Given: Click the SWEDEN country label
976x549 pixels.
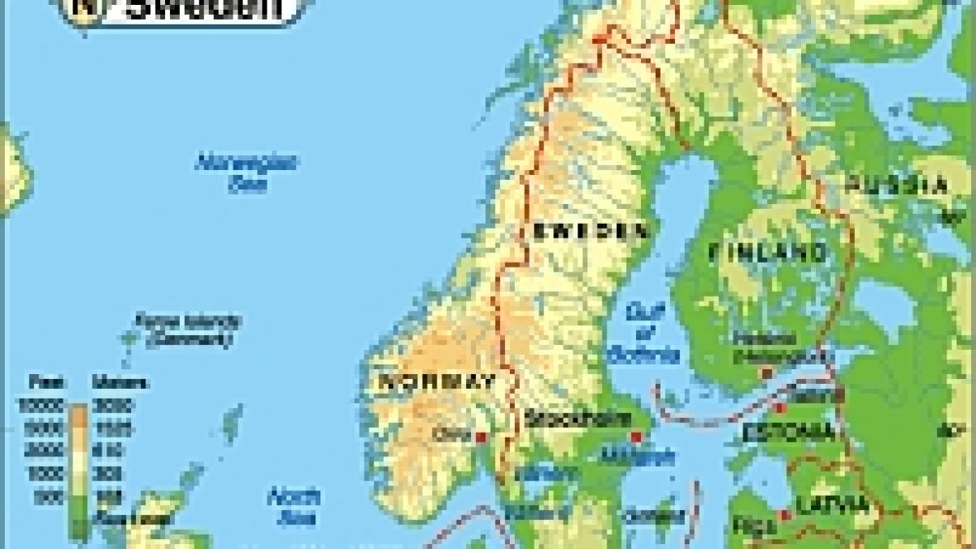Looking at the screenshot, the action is click(591, 231).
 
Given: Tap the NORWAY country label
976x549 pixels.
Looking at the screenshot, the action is click(437, 381).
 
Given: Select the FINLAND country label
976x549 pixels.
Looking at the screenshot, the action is click(768, 251).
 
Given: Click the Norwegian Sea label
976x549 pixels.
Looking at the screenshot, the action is click(246, 172).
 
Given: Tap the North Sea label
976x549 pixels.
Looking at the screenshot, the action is click(294, 505).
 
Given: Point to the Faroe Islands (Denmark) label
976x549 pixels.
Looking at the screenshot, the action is click(188, 329).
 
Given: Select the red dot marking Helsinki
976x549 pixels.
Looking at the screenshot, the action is click(765, 373).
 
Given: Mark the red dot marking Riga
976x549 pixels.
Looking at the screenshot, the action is click(784, 514).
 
